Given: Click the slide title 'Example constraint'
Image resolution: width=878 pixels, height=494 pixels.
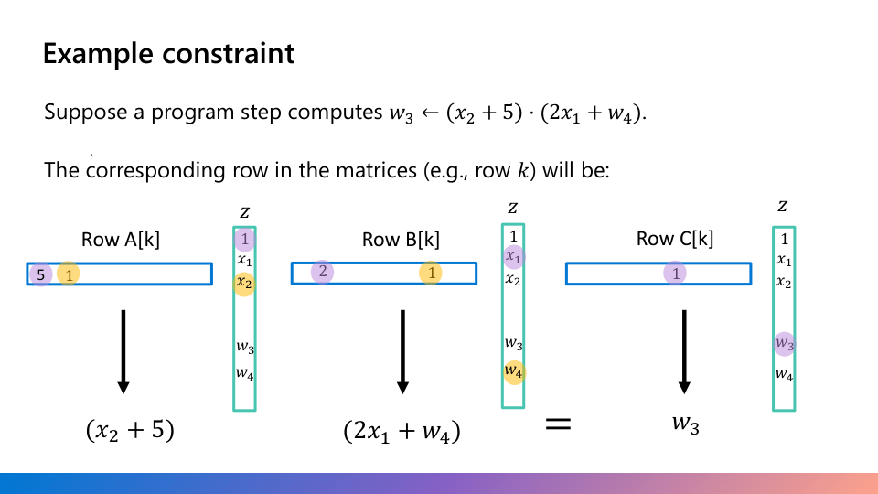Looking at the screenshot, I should [x=168, y=53].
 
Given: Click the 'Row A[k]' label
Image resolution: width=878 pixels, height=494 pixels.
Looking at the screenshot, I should [x=121, y=240].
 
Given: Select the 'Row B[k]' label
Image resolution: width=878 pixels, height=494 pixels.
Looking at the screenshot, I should [x=401, y=240].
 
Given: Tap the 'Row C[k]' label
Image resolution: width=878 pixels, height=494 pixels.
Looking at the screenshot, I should [x=675, y=240].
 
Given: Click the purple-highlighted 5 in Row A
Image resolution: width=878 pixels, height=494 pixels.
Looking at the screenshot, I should [x=41, y=274].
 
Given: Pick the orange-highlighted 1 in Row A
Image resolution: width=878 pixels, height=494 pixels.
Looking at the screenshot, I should [x=69, y=274].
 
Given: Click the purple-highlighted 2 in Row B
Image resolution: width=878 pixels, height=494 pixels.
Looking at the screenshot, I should [x=322, y=272].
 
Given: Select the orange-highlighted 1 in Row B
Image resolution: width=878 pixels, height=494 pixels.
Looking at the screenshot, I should [x=431, y=273].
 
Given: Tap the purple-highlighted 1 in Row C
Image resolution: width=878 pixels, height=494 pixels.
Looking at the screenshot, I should [x=675, y=273].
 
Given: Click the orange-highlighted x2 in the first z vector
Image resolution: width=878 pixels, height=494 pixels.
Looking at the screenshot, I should [x=244, y=283].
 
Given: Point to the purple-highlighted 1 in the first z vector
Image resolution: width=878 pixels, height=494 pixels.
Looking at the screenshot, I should [x=244, y=240].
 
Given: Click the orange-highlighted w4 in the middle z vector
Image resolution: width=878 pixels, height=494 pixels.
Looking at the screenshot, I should [x=514, y=371].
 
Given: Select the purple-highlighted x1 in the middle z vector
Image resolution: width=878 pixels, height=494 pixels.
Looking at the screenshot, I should [x=514, y=257].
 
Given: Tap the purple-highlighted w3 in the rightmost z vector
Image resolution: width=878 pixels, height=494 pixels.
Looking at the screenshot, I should [x=784, y=343].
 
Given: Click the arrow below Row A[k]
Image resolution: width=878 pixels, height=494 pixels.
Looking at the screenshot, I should [x=123, y=351].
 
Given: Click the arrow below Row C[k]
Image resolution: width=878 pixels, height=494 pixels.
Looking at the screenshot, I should [x=683, y=351].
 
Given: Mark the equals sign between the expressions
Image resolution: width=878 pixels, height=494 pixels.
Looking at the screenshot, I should [x=558, y=423].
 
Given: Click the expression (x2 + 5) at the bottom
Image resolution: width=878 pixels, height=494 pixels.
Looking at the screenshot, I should [x=130, y=430].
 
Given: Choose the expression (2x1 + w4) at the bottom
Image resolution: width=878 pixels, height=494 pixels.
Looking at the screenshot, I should [x=402, y=431].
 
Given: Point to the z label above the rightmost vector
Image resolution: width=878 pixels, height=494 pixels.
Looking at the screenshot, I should [x=783, y=207].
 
